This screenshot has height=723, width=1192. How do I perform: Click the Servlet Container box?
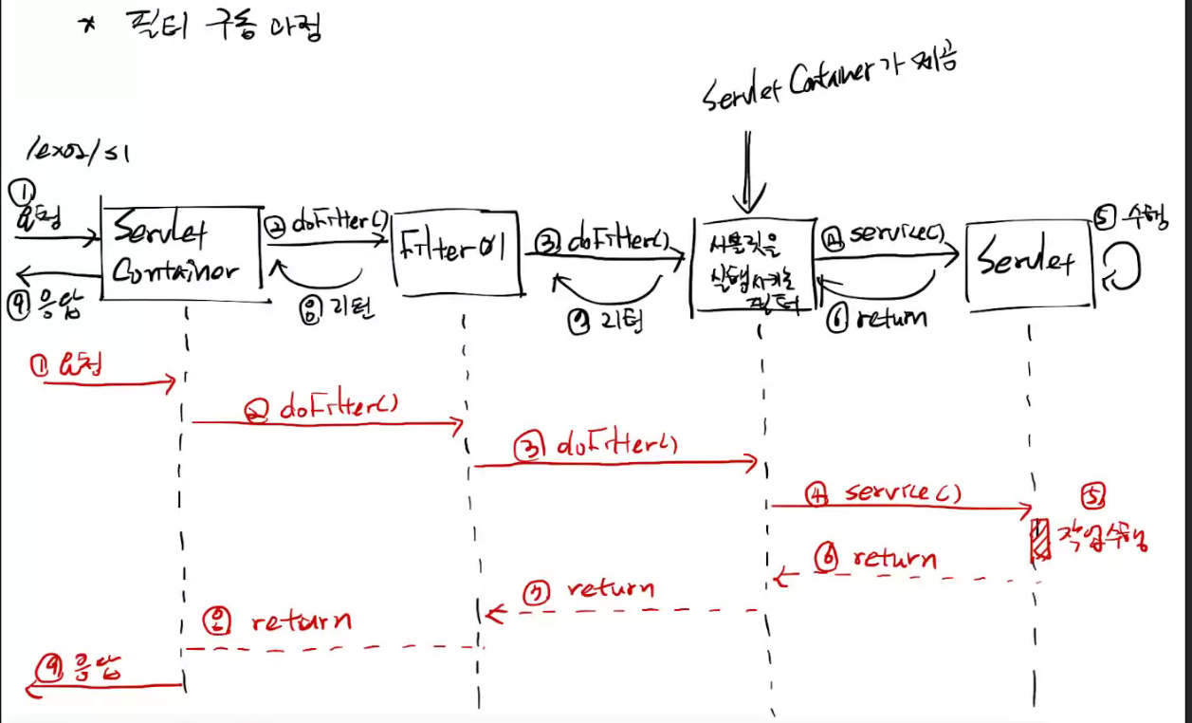[180, 253]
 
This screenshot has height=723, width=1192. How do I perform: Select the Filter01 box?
[456, 252]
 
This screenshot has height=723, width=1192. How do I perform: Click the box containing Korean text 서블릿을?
[755, 269]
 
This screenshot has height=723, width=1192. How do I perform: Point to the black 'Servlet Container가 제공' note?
[831, 81]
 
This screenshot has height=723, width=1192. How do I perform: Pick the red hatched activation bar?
[1041, 541]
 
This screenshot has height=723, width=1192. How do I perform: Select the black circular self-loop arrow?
[1120, 267]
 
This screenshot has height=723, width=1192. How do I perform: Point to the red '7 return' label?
[589, 591]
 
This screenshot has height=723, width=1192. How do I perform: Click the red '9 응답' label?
[81, 669]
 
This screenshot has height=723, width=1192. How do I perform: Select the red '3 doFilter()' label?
[597, 446]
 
